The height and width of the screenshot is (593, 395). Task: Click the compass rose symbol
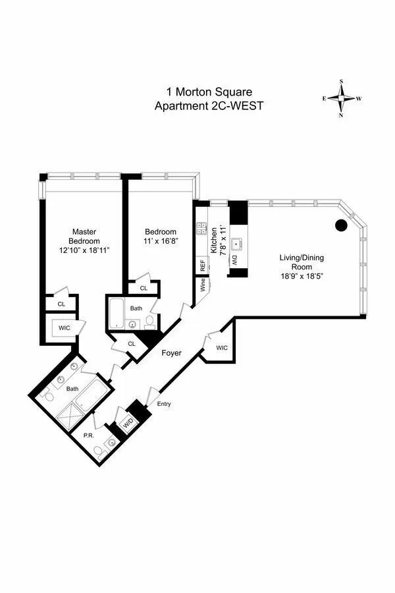point(342,98)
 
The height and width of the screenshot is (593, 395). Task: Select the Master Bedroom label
point(84,236)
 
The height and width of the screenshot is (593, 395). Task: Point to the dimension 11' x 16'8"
point(161,242)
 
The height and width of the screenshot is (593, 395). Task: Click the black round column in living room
point(341,225)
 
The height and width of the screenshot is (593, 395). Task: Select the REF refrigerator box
point(201,265)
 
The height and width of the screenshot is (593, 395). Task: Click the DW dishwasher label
point(235,261)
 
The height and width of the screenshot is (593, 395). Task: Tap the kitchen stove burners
point(201,229)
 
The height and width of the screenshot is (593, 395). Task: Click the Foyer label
point(172,353)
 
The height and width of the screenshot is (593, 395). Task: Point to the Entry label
point(163,404)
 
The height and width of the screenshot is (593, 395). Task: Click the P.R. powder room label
point(89,435)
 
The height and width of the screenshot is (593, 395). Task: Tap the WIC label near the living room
point(221,347)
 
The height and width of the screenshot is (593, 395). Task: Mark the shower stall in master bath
point(69,413)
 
